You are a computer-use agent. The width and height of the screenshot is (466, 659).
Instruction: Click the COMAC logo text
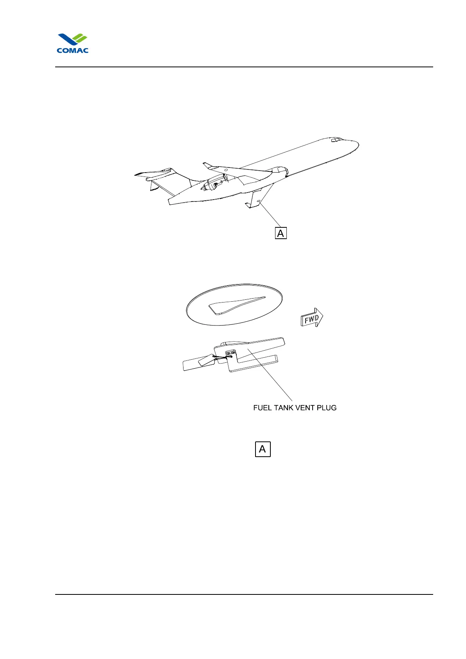[x=72, y=50]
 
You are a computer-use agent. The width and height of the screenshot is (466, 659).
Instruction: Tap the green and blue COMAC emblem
[x=73, y=40]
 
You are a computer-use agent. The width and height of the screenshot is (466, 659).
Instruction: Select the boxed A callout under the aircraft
[x=281, y=233]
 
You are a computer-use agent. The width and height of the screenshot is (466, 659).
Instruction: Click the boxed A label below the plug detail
[x=263, y=449]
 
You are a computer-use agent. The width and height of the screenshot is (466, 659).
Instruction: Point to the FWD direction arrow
[x=312, y=319]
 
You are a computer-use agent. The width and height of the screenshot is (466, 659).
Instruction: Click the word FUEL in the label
[x=262, y=408]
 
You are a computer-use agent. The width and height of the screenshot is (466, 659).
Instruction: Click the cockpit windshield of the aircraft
[x=336, y=140]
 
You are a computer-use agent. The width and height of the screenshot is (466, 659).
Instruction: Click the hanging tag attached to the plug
[x=206, y=360]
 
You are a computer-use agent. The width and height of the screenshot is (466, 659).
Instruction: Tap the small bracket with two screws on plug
[x=230, y=353]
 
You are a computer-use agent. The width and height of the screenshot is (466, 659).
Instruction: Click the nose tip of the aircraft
[x=358, y=145]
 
